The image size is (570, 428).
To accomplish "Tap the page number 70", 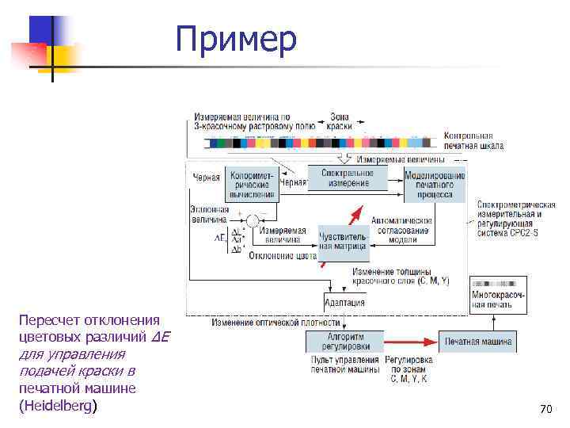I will [x=545, y=409].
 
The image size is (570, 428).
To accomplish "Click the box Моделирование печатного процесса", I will [x=435, y=185].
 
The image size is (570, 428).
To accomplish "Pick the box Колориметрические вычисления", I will [x=252, y=184].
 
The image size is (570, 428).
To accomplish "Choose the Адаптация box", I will [x=344, y=302].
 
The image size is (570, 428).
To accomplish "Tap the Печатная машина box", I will [x=477, y=342].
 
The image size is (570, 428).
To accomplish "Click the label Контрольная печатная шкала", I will [x=473, y=140].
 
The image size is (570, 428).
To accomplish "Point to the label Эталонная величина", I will [x=209, y=213].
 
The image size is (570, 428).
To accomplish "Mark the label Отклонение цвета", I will [x=282, y=255].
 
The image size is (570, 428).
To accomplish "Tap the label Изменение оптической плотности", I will [x=275, y=323].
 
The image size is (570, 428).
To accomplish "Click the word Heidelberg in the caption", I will [x=56, y=406].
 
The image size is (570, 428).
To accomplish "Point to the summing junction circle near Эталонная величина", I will [x=252, y=220].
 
